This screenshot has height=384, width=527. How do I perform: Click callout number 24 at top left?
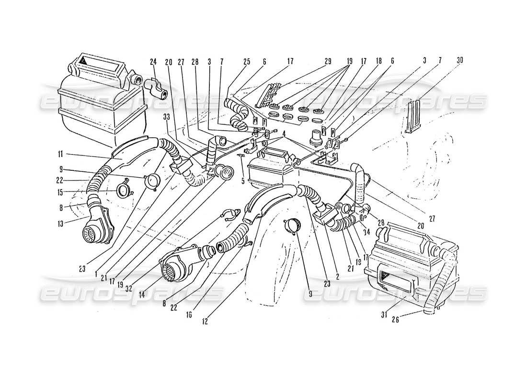(x=153, y=61)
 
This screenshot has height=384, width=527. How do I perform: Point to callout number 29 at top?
(x=328, y=61)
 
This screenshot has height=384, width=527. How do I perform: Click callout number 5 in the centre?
(x=243, y=182)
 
